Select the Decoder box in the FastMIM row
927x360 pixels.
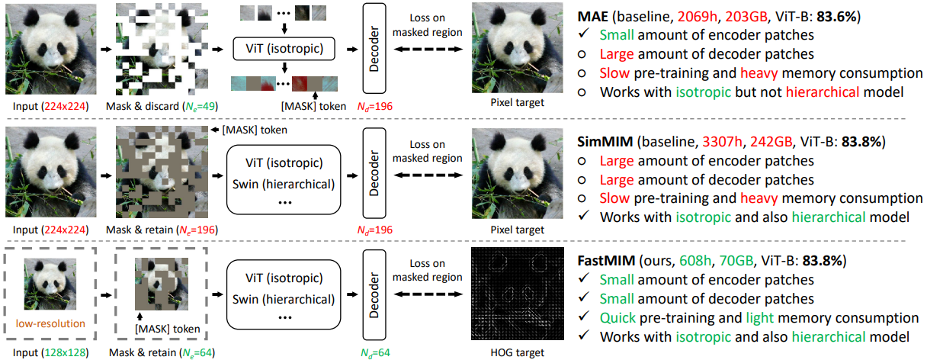point(374,297)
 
